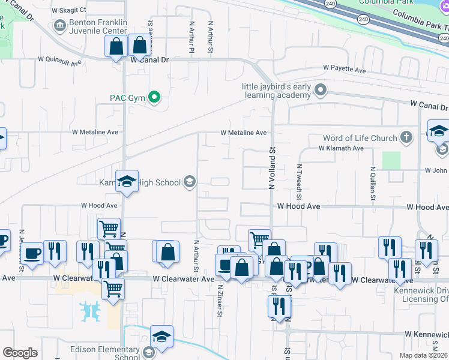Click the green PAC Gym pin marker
click(154, 97)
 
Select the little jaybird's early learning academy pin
click(321, 91)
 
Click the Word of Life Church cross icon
click(406, 137)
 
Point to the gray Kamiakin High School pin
click(190, 181)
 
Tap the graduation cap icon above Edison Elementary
click(161, 337)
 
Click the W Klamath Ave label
click(341, 148)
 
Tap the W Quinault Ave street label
click(59, 61)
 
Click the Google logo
click(20, 353)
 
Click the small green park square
click(391, 160)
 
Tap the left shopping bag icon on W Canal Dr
click(115, 46)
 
